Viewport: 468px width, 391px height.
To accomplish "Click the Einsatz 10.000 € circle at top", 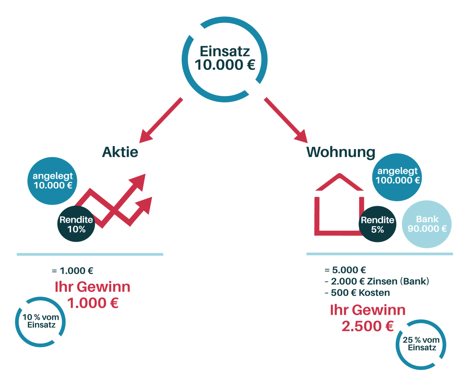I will click(225, 59).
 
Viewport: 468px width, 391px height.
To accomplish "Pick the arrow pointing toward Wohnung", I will click(286, 120).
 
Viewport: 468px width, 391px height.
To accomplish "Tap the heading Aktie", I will click(120, 152).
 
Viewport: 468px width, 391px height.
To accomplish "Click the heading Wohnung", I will click(341, 152).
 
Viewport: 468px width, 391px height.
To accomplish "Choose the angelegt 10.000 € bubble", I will click(52, 181).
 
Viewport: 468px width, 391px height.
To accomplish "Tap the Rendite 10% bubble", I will click(76, 224).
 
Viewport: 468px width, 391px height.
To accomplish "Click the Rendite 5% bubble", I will click(377, 224).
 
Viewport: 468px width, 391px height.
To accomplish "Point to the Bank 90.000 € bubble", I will click(427, 224).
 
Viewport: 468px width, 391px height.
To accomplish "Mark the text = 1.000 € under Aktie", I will click(73, 271).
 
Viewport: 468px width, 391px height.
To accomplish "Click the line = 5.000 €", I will click(345, 270).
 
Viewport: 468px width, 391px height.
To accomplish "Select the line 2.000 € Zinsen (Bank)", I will click(377, 281).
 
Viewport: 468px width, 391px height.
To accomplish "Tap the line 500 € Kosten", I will click(358, 293).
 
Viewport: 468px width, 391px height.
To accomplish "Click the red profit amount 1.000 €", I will click(92, 303).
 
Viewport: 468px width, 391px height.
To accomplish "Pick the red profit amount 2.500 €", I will click(367, 326).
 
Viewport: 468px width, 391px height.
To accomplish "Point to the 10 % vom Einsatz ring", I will click(40, 322).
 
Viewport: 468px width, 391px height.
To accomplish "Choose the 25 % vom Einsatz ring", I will click(421, 344).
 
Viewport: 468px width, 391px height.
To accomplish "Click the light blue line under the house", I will click(379, 254).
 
